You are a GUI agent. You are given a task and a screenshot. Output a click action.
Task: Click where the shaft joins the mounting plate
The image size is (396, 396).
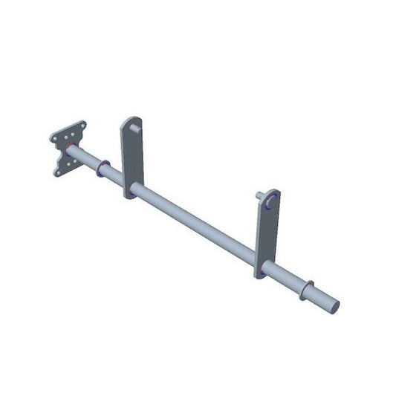(x=73, y=153)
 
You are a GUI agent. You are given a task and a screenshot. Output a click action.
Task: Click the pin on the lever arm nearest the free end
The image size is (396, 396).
(x=261, y=197)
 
